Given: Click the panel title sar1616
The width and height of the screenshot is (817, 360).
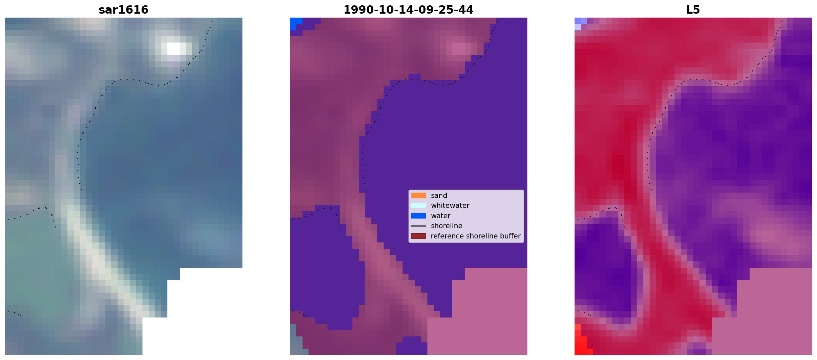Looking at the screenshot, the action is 124,10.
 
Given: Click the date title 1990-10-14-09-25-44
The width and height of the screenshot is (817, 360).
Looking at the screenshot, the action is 408,10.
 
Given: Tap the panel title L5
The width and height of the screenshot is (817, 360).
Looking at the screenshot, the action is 693,10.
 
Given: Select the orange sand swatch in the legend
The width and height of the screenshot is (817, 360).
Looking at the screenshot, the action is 418,196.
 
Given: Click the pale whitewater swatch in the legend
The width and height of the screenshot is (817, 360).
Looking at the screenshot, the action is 418,206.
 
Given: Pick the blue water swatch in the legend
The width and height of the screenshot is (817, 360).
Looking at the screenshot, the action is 418,216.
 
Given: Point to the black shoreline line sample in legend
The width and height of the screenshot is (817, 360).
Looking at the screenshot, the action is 418,226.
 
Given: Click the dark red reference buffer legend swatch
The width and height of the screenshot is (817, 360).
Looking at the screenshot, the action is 418,236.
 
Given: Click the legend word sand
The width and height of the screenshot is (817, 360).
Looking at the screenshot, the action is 439,196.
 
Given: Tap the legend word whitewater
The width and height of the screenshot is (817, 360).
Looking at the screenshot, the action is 450,206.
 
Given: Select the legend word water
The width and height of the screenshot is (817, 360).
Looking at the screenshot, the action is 441,216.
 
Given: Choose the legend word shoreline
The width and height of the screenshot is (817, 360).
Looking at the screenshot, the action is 447,226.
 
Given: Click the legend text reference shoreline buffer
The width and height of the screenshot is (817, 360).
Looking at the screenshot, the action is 476,236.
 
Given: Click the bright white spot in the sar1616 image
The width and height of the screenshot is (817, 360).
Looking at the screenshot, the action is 176,49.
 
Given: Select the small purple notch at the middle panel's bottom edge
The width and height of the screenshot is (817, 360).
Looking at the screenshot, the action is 412,346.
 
